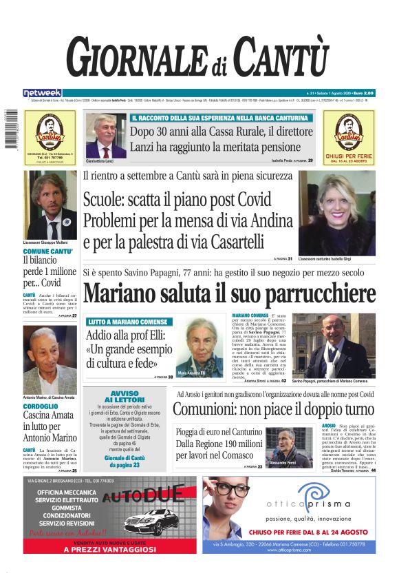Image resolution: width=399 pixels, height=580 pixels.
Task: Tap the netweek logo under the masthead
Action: pyautogui.click(x=42, y=93)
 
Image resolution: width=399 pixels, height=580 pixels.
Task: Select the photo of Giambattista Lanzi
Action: pyautogui.click(x=105, y=136)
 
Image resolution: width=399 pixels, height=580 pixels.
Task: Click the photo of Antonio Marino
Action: pyautogui.click(x=50, y=358)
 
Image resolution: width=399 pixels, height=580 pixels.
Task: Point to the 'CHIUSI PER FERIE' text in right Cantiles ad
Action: pyautogui.click(x=349, y=156)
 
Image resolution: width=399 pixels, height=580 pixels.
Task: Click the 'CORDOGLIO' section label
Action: pyautogui.click(x=41, y=406)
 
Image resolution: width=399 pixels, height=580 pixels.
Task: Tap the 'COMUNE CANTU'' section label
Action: pyautogui.click(x=48, y=251)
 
